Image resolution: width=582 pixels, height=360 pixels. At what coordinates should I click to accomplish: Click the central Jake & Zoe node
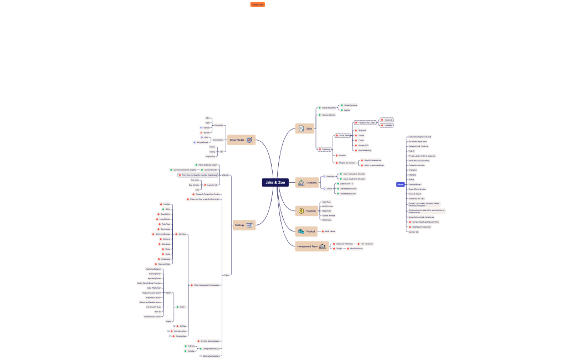[x=275, y=182]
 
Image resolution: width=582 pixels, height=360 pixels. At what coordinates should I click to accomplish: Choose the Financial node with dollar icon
[x=308, y=211]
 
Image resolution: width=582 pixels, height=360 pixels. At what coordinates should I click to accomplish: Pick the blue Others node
[x=400, y=184]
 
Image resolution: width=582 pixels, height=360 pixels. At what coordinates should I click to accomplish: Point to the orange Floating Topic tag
[x=257, y=4]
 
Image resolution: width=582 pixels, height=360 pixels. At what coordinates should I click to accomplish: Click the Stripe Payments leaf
[x=350, y=105]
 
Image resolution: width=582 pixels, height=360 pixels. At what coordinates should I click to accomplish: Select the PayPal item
[x=347, y=110]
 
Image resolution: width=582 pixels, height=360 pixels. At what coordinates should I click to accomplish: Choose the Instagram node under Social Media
[x=388, y=125]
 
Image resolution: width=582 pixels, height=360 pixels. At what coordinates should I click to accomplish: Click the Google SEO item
[x=364, y=145]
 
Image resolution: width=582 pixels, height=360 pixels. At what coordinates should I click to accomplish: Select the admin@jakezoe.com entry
[x=349, y=188]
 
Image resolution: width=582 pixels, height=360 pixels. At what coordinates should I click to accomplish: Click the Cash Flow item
[x=326, y=202]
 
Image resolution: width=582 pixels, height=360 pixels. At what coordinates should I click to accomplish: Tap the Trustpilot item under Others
[x=412, y=170]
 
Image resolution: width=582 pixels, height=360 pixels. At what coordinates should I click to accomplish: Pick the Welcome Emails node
[x=329, y=115]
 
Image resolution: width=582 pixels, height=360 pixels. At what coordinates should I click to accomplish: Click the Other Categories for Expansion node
[x=207, y=285]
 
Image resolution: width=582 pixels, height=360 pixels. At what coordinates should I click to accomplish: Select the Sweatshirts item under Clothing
[x=166, y=214]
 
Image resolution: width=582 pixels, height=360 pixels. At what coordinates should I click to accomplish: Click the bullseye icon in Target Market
[x=249, y=140]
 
